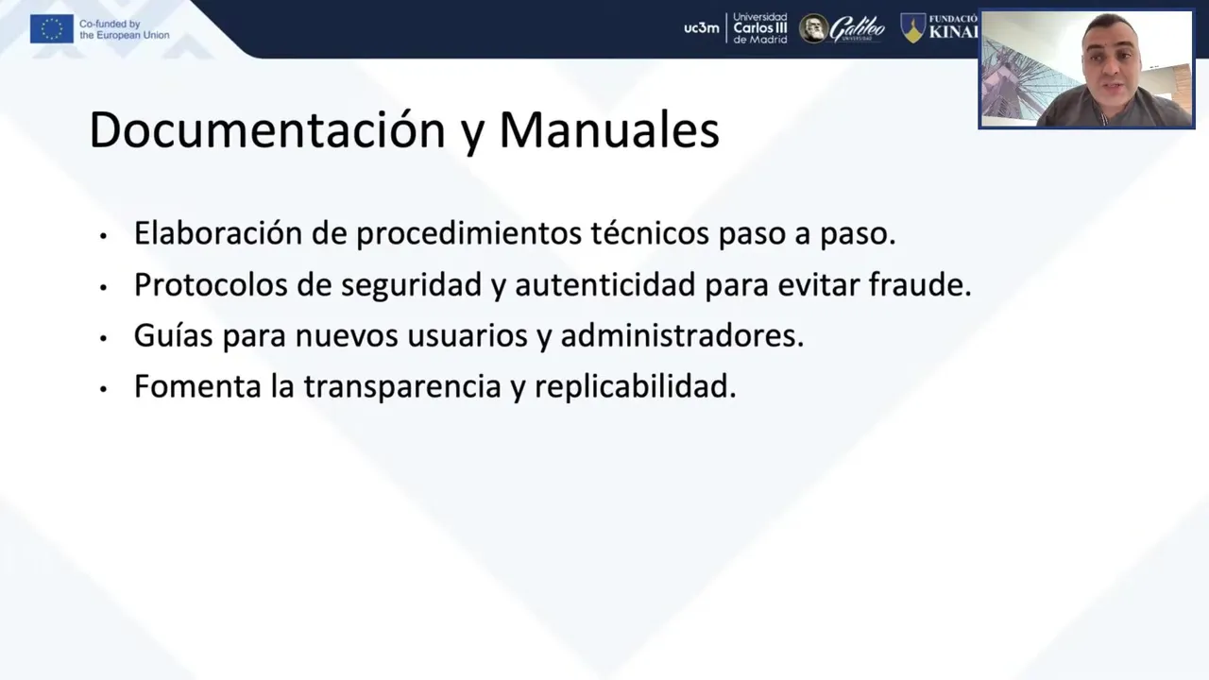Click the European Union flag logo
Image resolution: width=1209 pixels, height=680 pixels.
pos(52,29)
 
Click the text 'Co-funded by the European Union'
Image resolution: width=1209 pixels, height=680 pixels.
pos(124,29)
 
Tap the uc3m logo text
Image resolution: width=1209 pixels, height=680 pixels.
pos(701,28)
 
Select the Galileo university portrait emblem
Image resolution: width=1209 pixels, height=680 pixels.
pos(813,28)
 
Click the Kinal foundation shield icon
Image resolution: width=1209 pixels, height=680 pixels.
pos(912,28)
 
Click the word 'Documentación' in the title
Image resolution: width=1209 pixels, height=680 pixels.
pos(267,130)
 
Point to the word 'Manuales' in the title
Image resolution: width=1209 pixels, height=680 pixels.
pos(609,130)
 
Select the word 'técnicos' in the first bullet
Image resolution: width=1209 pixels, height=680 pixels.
pos(650,233)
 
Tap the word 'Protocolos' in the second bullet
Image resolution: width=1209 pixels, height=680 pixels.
pos(211,284)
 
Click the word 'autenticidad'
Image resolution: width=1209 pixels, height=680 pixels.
pos(605,284)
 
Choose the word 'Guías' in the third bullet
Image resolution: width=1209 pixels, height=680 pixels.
pos(173,335)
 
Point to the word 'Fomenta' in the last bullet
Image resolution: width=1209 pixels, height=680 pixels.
pos(197,386)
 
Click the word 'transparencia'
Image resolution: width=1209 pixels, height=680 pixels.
pos(402,386)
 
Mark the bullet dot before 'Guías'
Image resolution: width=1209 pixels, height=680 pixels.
pos(104,338)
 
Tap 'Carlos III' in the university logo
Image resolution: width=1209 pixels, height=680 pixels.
pos(760,28)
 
